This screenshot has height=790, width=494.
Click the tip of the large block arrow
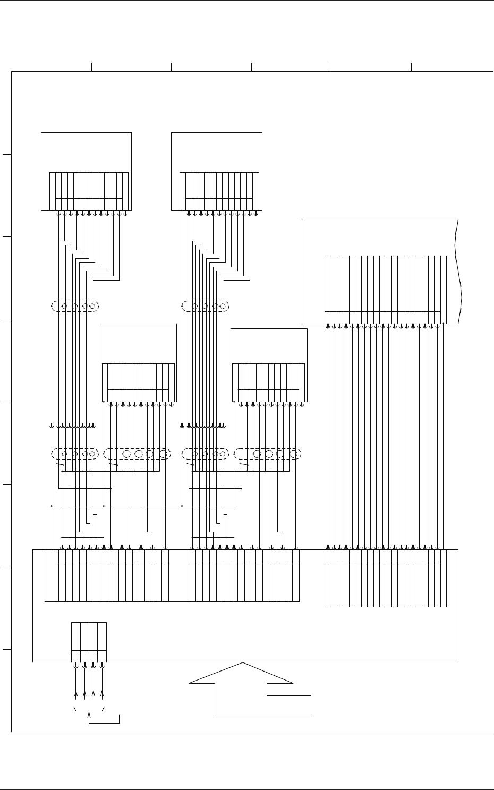(243, 664)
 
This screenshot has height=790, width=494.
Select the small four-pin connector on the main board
(89, 642)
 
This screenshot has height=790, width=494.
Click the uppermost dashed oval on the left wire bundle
(75, 306)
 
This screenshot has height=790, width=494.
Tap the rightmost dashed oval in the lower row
(268, 454)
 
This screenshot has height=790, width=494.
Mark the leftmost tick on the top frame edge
(92, 66)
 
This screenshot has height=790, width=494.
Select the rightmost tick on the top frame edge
(412, 66)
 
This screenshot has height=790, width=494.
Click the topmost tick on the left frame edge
(7, 155)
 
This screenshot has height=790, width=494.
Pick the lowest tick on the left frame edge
(7, 649)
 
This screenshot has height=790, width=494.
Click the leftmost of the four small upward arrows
(75, 696)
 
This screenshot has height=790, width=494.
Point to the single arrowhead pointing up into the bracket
(89, 717)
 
